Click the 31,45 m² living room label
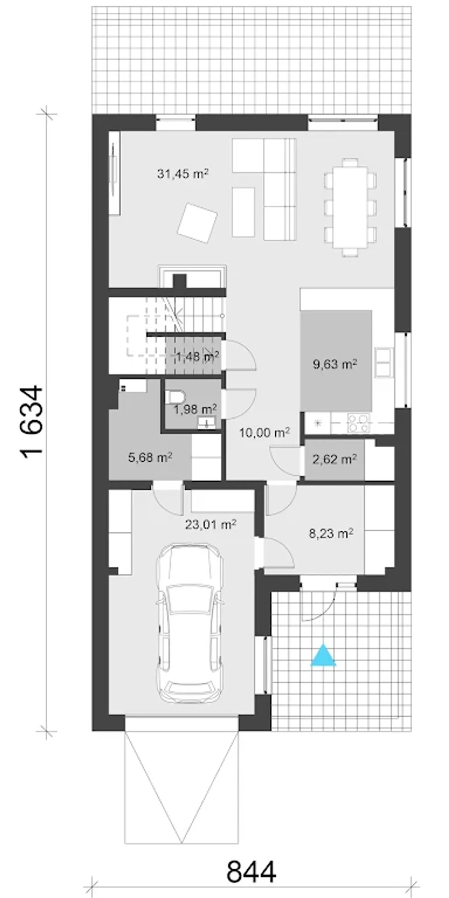pyautogui.click(x=183, y=173)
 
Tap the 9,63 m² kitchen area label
pyautogui.click(x=335, y=364)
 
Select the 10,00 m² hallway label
pyautogui.click(x=264, y=433)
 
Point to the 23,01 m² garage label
pyautogui.click(x=210, y=524)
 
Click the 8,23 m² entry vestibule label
pyautogui.click(x=331, y=534)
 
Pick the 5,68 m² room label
pyautogui.click(x=150, y=457)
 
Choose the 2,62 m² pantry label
pyautogui.click(x=335, y=459)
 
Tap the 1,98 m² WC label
pyautogui.click(x=195, y=409)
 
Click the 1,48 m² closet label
pyautogui.click(x=197, y=356)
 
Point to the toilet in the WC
pyautogui.click(x=175, y=397)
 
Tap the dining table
pyautogui.click(x=350, y=207)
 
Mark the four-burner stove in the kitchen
pyautogui.click(x=358, y=423)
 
